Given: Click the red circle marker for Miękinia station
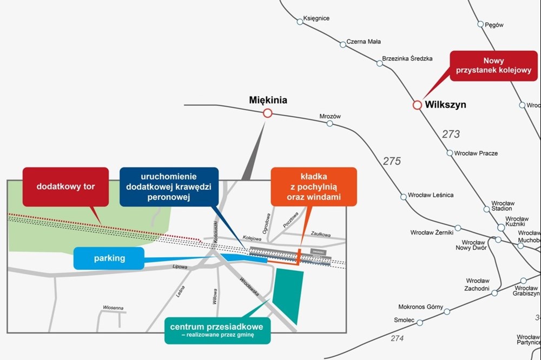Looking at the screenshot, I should click(267, 114).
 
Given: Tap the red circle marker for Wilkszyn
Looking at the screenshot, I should click(417, 105).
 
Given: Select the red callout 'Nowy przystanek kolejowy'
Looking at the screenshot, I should click(493, 66).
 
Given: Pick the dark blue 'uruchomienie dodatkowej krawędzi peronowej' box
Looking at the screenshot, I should click(169, 186).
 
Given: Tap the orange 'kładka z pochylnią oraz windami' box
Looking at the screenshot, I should click(314, 187).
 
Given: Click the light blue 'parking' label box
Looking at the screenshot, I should click(109, 258).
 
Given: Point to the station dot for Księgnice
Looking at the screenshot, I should click(300, 22).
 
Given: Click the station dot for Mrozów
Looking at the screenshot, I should click(329, 124).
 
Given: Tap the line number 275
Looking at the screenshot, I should click(392, 161).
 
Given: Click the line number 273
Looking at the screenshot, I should click(451, 135).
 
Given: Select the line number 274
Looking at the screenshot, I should click(397, 338).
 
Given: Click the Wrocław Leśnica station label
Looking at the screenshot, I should click(431, 195).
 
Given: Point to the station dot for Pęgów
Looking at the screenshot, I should click(480, 24).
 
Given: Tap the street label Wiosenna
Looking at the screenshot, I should click(113, 308).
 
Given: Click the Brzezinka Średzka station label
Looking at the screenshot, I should click(407, 58).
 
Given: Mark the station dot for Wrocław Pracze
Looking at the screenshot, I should click(450, 154).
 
